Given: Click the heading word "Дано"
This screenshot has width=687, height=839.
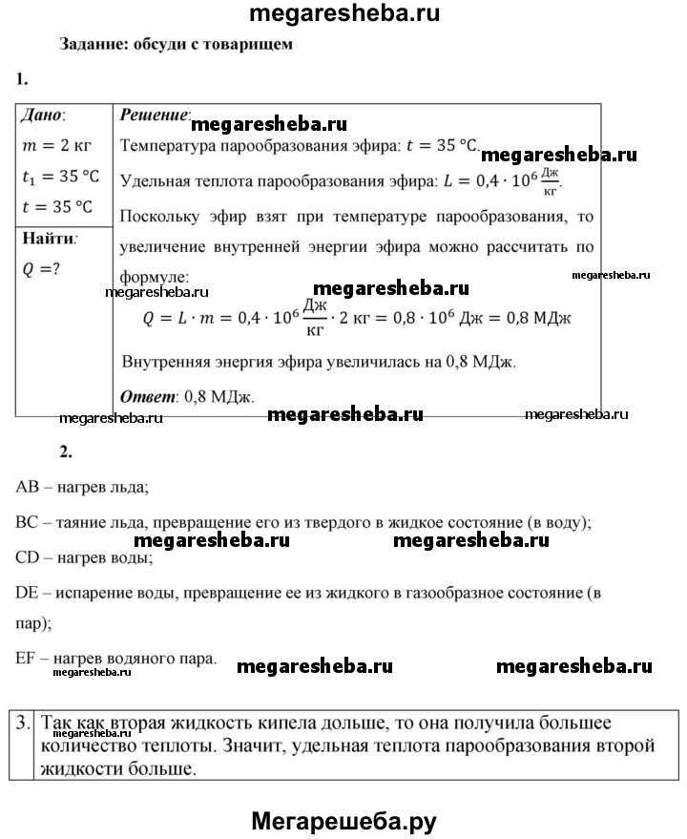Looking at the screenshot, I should [42, 115].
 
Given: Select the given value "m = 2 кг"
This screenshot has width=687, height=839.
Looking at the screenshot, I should [58, 145].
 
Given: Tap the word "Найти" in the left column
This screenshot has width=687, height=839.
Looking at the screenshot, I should [48, 238].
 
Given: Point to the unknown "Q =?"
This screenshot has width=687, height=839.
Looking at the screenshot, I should [41, 268].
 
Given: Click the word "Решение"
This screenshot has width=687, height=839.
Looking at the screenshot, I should [155, 115].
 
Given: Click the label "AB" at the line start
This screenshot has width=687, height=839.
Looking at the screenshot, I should [27, 487].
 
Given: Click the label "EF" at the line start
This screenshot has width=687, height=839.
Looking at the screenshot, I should [26, 658].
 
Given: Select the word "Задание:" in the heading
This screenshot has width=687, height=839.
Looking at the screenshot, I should [92, 44].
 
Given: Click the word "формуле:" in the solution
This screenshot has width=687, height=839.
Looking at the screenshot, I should [156, 276].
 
